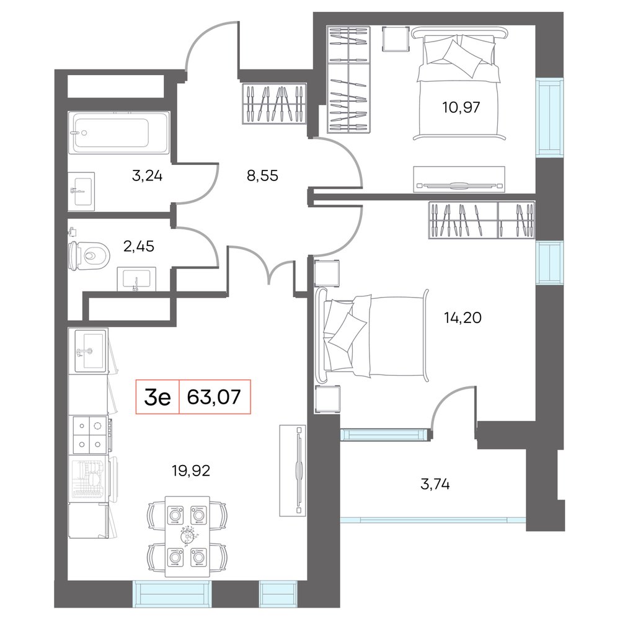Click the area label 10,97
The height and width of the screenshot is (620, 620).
tap(461, 107)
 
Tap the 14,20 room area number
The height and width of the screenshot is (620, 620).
tap(463, 317)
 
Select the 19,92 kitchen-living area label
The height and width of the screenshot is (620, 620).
tap(191, 471)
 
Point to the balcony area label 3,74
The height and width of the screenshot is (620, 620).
tap(435, 484)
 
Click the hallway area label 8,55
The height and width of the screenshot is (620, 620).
tap(262, 175)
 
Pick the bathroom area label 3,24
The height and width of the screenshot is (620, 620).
tap(147, 175)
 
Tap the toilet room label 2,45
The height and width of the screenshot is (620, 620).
tap(139, 246)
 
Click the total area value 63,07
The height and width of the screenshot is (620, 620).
tap(214, 397)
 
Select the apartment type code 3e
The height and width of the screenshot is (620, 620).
tap(157, 397)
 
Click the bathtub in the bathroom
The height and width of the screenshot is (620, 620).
tap(119, 132)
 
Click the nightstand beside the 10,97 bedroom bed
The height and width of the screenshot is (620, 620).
tap(396, 38)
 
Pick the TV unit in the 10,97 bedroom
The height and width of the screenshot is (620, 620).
tap(459, 180)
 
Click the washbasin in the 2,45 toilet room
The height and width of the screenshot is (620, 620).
tap(136, 279)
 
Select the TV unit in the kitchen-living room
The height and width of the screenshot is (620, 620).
tap(293, 471)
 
